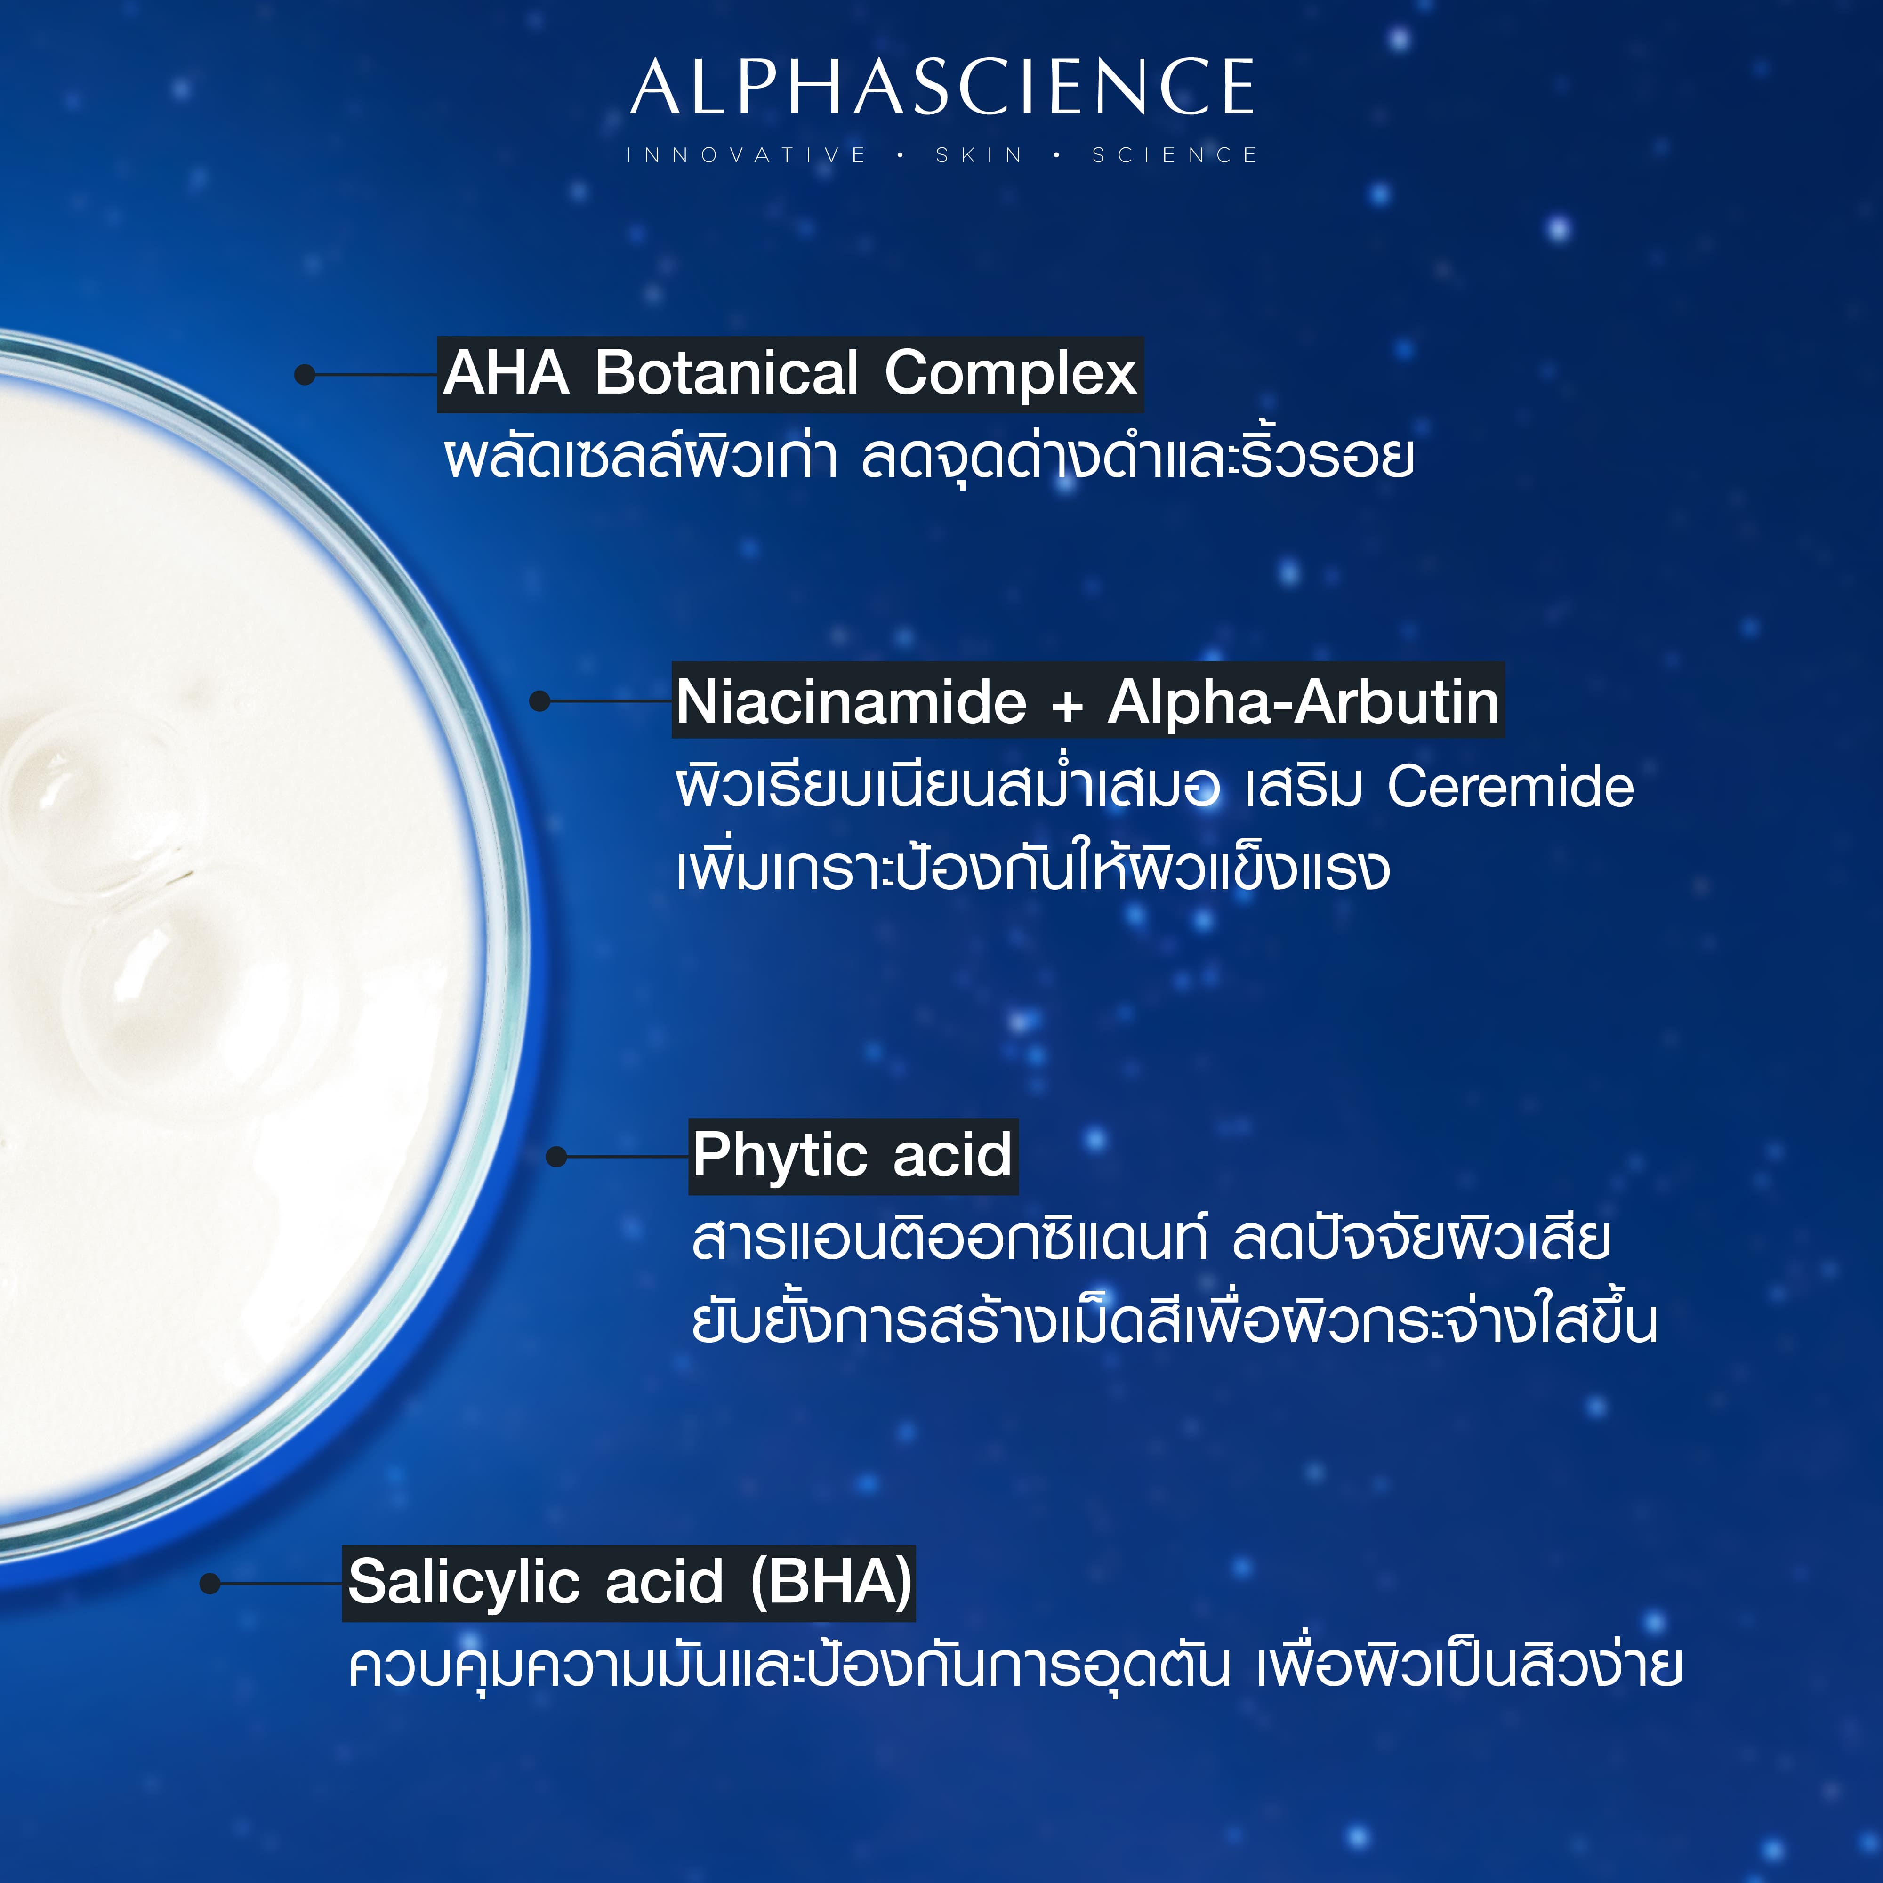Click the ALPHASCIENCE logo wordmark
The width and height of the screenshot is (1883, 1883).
point(941,88)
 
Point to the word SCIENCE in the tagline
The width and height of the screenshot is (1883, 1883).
point(1175,155)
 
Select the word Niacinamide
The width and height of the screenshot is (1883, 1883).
point(851,702)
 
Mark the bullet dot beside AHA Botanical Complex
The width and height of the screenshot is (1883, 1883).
point(304,374)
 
